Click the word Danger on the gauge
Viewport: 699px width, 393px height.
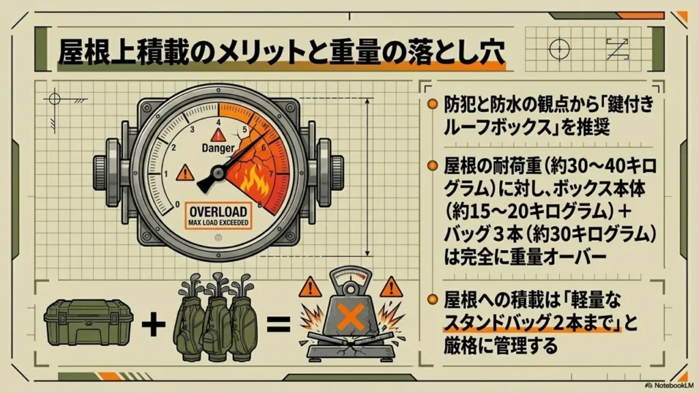tap(218, 148)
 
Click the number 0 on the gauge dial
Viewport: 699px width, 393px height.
tap(177, 205)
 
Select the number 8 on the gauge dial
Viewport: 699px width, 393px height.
tap(260, 205)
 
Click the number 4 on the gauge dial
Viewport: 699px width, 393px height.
tap(218, 122)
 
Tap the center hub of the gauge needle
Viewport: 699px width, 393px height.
tap(218, 173)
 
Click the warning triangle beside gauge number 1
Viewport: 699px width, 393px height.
tap(184, 173)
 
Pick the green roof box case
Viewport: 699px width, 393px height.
tap(89, 322)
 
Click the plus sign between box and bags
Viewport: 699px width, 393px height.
tap(154, 324)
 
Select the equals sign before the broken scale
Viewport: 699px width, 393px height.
tap(279, 324)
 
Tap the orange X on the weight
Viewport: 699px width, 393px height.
tap(352, 317)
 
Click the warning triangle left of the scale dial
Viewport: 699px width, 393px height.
tap(311, 287)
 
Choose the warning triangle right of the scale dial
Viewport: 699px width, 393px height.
tap(391, 287)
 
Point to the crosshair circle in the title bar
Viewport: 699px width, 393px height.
tap(560, 48)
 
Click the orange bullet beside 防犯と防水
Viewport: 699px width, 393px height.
tap(432, 104)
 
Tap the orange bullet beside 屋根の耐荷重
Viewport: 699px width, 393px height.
tap(432, 166)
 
